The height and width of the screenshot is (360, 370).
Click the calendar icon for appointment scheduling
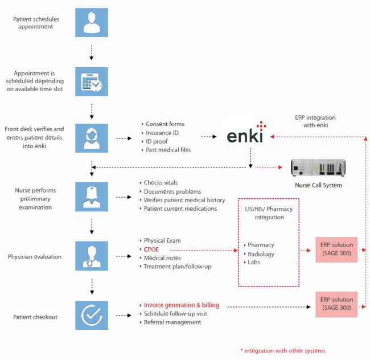tap(92, 81)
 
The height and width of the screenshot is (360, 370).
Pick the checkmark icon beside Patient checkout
tap(92, 314)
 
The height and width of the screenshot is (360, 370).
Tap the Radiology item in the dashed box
tap(260, 254)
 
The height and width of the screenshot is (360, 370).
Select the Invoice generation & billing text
tap(181, 305)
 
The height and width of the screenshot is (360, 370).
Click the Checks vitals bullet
tap(161, 182)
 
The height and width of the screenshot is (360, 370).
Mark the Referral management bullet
tap(172, 322)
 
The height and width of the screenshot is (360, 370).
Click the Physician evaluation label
tap(34, 256)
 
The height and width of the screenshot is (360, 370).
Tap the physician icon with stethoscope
tap(92, 253)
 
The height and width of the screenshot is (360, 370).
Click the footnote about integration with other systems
tap(283, 350)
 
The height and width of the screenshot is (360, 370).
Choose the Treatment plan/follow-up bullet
tap(177, 267)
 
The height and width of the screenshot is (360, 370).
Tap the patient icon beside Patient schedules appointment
tap(92, 23)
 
